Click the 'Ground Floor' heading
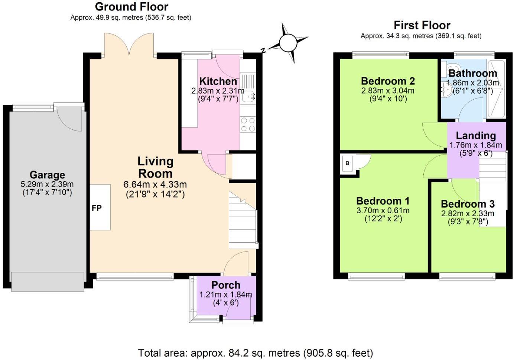tap(131, 7)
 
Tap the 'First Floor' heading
tap(422, 25)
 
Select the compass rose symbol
tap(288, 43)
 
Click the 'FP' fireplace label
tap(97, 208)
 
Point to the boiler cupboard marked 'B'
tap(348, 163)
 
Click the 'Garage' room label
tap(47, 175)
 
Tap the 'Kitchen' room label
tap(218, 81)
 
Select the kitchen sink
tap(248, 96)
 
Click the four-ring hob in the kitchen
tap(248, 124)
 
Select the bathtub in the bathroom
tap(497, 89)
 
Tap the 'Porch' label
tap(226, 285)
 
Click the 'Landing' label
tap(476, 136)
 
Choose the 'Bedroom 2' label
tap(388, 81)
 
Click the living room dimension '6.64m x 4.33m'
tap(155, 185)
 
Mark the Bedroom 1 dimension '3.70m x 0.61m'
tap(383, 211)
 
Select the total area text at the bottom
tap(256, 353)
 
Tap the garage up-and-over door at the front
tap(47, 282)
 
